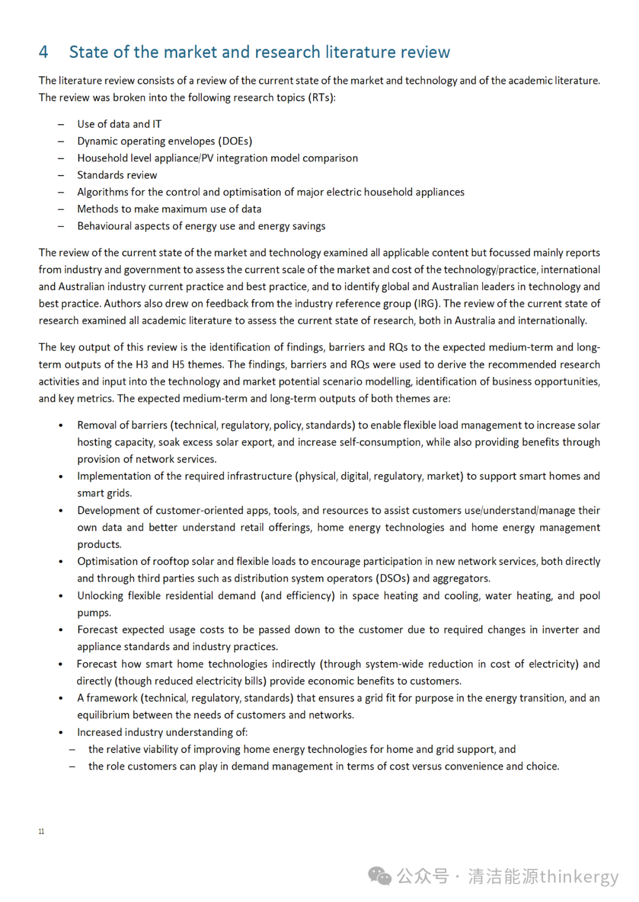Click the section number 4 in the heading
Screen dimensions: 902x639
tap(43, 52)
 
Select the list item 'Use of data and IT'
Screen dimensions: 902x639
tap(119, 124)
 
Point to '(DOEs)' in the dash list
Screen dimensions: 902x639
tap(235, 141)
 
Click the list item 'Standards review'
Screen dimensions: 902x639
tap(117, 175)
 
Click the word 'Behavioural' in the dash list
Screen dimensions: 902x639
tap(105, 226)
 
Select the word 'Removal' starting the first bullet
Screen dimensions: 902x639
tap(96, 425)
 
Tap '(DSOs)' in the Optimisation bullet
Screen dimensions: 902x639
tap(392, 578)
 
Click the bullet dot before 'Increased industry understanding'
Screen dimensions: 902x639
tap(60, 732)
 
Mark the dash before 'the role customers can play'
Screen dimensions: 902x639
tap(72, 767)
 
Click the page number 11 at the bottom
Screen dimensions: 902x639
tap(41, 831)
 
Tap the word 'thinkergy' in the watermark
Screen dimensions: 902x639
tap(579, 876)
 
